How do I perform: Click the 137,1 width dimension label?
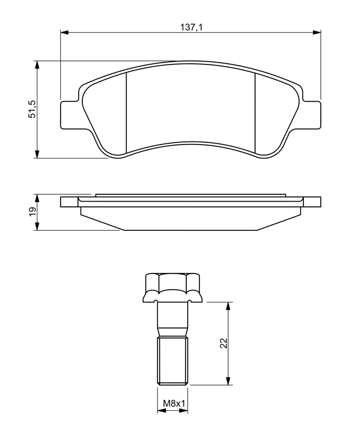[191, 27]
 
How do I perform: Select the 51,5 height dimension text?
[32, 109]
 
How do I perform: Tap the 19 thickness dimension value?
[33, 212]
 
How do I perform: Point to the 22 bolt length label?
[224, 343]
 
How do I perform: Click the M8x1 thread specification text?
[174, 403]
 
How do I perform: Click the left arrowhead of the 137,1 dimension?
[64, 32]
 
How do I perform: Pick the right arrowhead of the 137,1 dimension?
[317, 32]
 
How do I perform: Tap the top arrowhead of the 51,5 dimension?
[37, 65]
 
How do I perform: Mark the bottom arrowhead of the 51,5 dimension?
[37, 154]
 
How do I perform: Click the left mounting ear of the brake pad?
[69, 115]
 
